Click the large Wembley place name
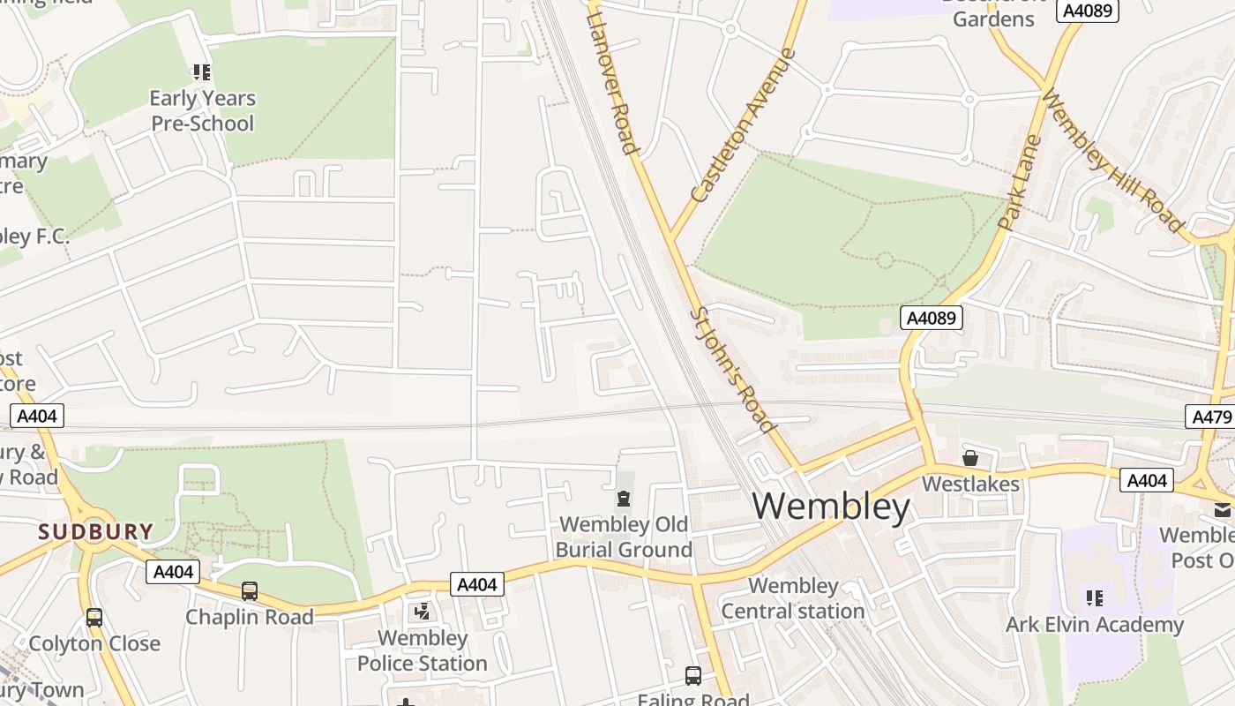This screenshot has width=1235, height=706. coord(831,507)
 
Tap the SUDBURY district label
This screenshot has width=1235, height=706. coord(95,532)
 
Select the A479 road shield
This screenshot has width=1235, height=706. coord(1210,417)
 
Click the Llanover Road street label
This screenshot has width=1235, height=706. coord(611,79)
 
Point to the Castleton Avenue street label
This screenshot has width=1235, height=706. coord(743,126)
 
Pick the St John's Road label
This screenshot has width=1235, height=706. coord(732,370)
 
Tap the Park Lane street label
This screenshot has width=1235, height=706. coord(1020,183)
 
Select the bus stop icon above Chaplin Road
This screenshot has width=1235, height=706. coord(250,590)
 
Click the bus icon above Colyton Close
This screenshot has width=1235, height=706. coord(94,618)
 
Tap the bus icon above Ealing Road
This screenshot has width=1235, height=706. coord(693,676)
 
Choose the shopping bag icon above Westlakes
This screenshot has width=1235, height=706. coord(970,458)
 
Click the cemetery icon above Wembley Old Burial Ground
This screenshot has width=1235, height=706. coord(624,499)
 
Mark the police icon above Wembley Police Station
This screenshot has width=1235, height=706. coord(422,611)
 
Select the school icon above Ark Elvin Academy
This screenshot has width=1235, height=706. coord(1095,598)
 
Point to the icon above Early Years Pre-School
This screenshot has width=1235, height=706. coord(202,72)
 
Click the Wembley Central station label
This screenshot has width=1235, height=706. coord(792,598)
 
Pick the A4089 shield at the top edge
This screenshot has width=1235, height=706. coord(1089,11)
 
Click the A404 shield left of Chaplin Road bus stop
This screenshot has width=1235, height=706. coord(173,572)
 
